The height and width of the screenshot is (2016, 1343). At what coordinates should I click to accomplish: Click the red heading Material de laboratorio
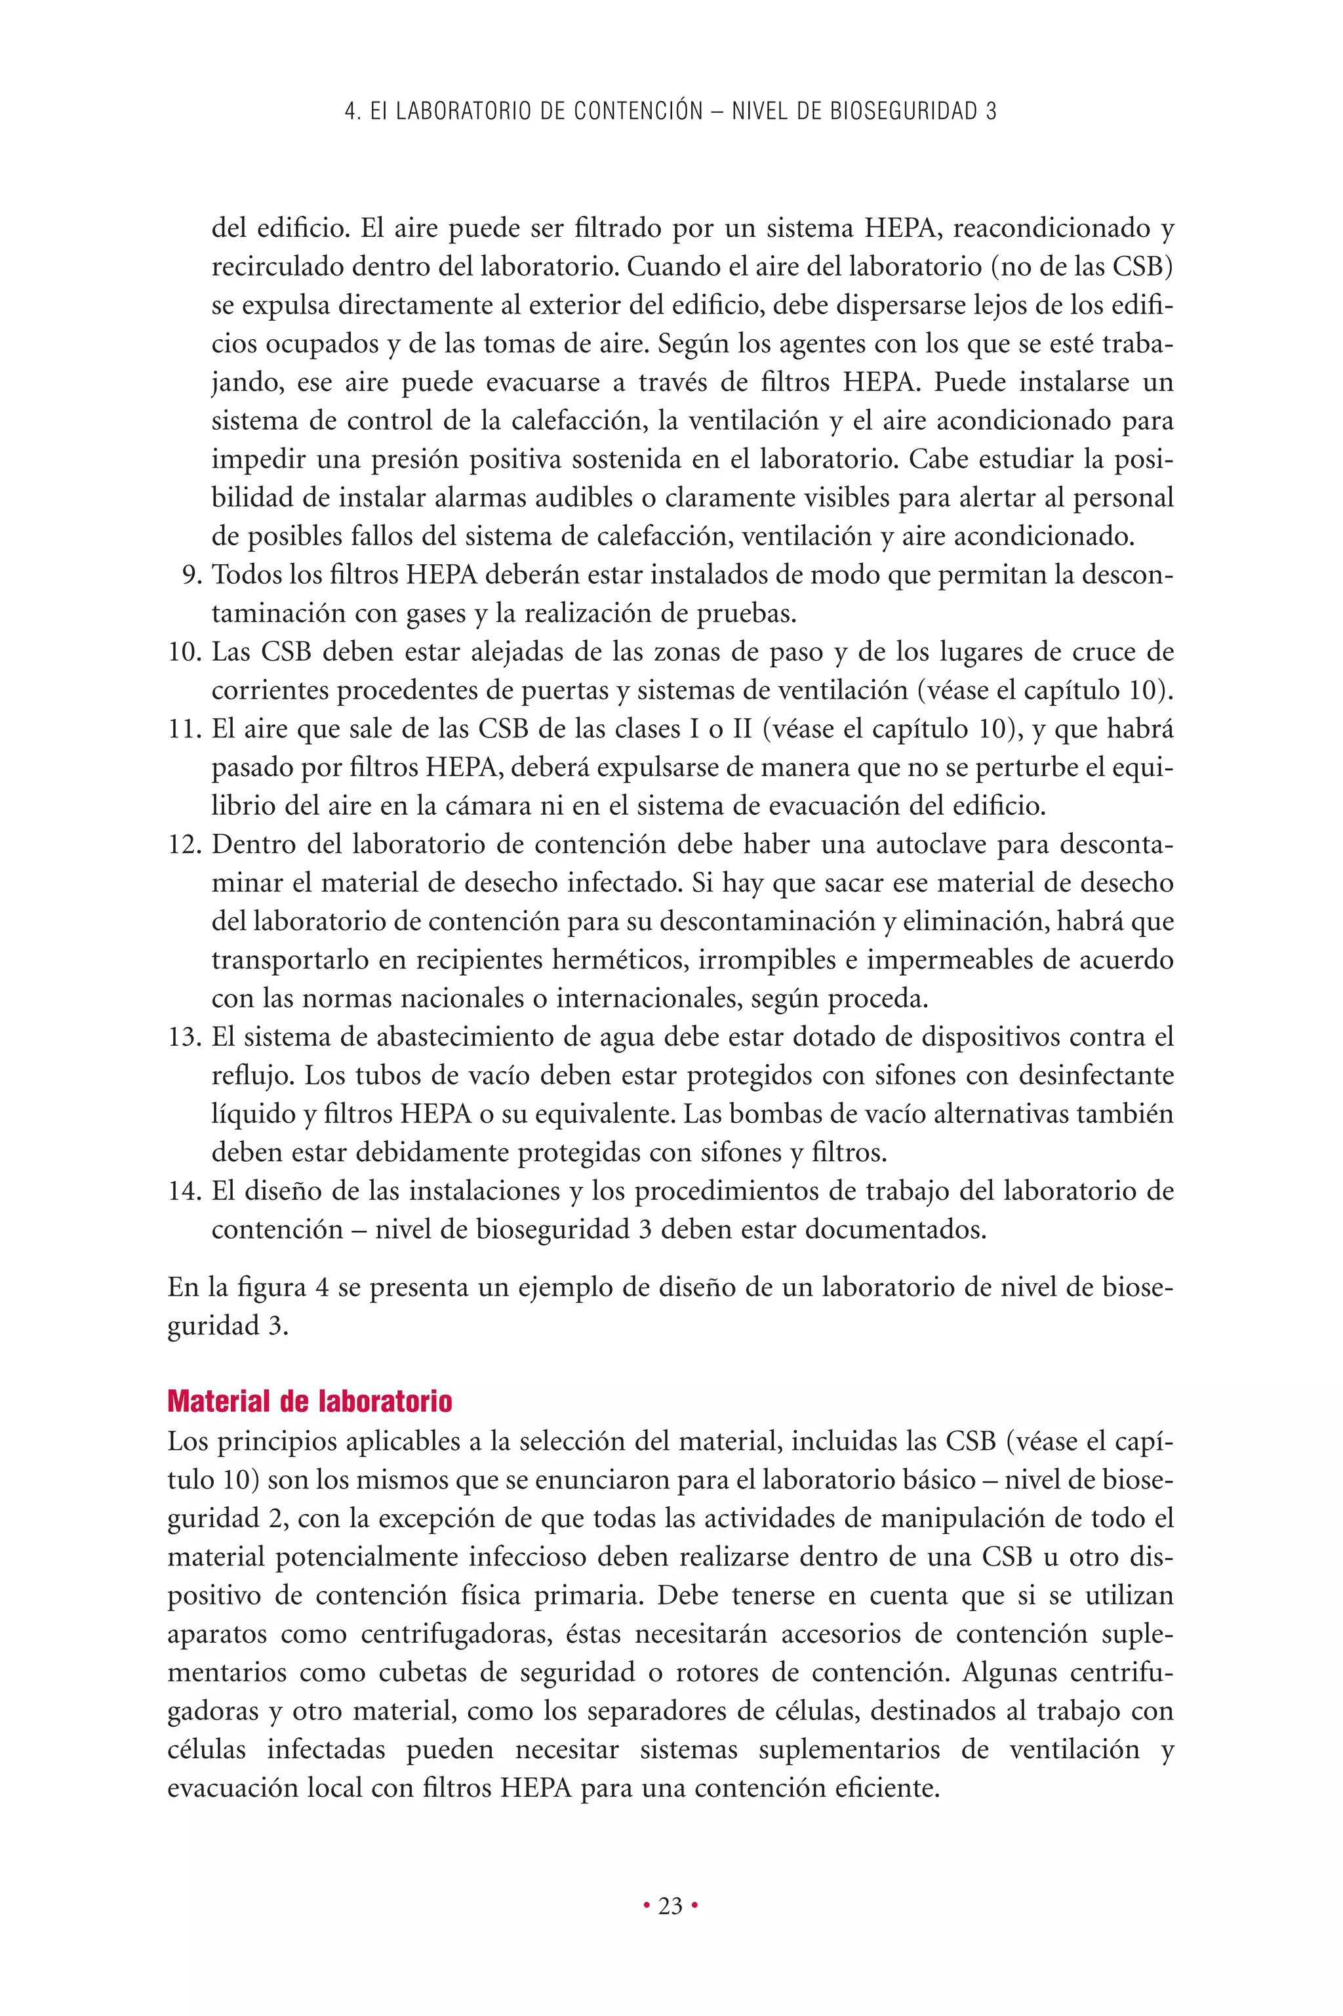click(310, 1402)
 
